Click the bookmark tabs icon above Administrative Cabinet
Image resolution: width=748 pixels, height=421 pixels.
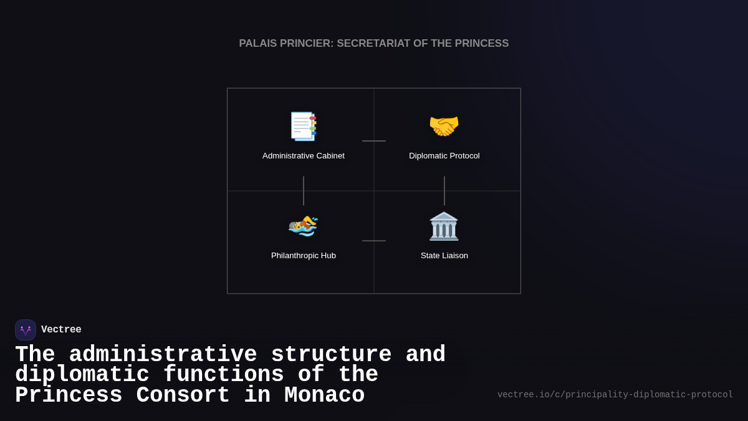pos(304,127)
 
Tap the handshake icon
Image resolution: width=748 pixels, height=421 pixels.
pos(444,126)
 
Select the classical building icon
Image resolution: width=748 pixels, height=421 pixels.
pos(444,226)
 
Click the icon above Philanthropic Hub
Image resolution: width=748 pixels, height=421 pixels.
pos(304,226)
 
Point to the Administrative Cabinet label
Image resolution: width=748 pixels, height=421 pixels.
pos(304,156)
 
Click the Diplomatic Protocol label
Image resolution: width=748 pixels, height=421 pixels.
pos(444,156)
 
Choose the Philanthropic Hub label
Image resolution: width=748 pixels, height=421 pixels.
pos(304,256)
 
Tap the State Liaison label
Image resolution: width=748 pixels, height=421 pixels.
pos(444,256)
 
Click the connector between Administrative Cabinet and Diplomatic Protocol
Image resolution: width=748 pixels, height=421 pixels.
pos(374,141)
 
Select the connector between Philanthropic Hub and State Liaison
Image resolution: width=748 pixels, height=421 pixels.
pos(374,241)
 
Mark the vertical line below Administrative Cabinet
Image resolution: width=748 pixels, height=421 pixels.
pos(304,191)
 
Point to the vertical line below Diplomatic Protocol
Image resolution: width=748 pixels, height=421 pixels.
pos(444,191)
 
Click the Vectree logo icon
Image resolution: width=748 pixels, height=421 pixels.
pos(26,330)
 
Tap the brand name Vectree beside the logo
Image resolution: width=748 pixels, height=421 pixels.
pos(61,330)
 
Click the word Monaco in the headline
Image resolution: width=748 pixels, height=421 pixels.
pos(324,395)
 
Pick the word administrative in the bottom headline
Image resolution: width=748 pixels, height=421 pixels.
pos(163,355)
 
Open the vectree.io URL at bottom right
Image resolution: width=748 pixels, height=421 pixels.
pos(615,395)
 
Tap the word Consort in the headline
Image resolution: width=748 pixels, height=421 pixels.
pos(183,395)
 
